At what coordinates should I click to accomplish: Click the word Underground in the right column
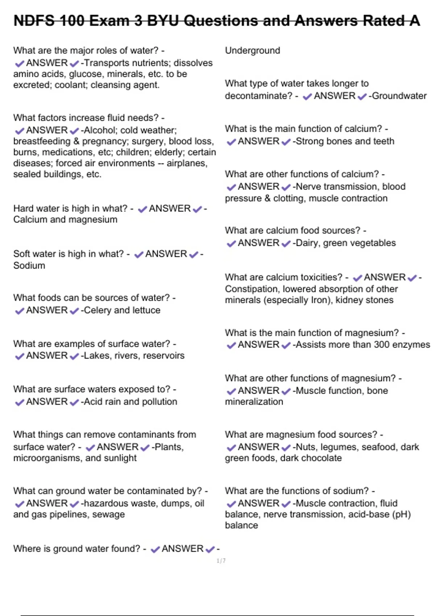coord(252,50)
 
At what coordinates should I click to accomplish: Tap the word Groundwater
coord(399,96)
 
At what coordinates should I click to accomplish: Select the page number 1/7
coord(221,561)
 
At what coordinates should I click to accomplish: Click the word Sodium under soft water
coord(29,265)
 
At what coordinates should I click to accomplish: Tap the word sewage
coord(108,514)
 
